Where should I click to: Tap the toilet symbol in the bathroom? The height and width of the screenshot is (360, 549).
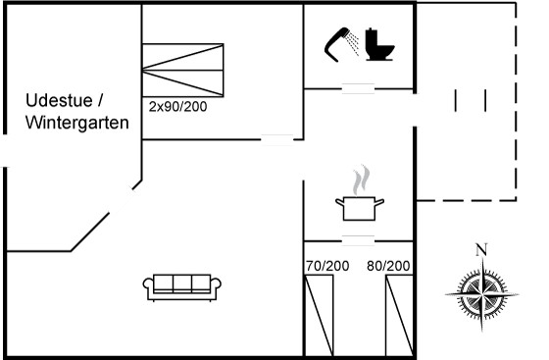379,44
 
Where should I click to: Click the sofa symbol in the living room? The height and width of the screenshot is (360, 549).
182,287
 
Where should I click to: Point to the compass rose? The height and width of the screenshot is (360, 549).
482,294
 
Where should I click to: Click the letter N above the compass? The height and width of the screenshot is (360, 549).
481,250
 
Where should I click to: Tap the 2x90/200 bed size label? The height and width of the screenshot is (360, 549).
177,107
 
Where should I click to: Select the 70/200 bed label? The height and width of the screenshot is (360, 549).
327,266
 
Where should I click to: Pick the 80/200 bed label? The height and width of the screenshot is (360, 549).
388,266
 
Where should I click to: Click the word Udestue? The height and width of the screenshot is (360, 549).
59,100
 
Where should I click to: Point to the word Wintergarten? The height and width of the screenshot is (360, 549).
77,123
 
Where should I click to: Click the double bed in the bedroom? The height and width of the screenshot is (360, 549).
182,70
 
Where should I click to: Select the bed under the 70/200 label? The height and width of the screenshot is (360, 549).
319,315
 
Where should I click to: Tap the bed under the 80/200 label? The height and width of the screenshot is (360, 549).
399,315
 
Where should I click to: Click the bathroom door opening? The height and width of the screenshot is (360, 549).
358,88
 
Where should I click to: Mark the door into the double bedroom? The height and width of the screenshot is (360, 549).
277,139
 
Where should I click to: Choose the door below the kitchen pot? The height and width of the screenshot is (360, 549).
358,241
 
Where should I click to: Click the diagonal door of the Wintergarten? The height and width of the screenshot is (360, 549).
122,201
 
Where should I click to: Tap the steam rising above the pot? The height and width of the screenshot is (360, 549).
362,180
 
